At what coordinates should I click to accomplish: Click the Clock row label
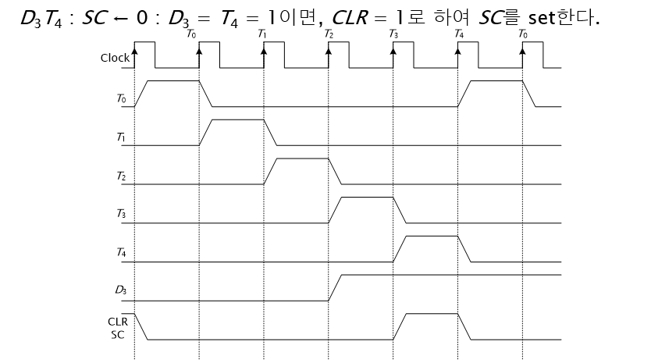point(116,58)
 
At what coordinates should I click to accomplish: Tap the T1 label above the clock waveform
point(262,35)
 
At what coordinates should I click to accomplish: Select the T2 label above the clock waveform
point(329,35)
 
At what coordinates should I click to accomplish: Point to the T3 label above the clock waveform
point(393,35)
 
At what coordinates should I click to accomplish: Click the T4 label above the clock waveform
point(458,35)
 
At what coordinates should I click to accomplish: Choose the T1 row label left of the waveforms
point(120,137)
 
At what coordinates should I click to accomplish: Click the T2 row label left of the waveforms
point(120,176)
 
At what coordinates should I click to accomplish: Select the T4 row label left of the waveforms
point(120,253)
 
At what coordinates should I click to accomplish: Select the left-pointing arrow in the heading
point(120,16)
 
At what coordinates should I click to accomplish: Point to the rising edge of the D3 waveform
point(335,287)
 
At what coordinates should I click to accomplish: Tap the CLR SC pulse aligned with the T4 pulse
point(432,315)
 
